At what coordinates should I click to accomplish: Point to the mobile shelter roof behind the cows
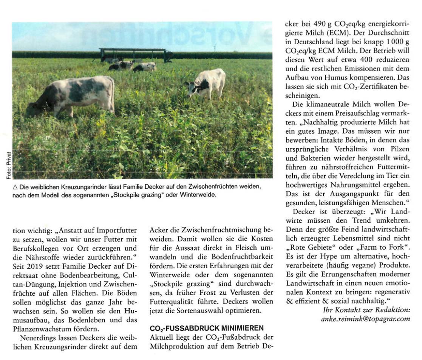tap(133, 50)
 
